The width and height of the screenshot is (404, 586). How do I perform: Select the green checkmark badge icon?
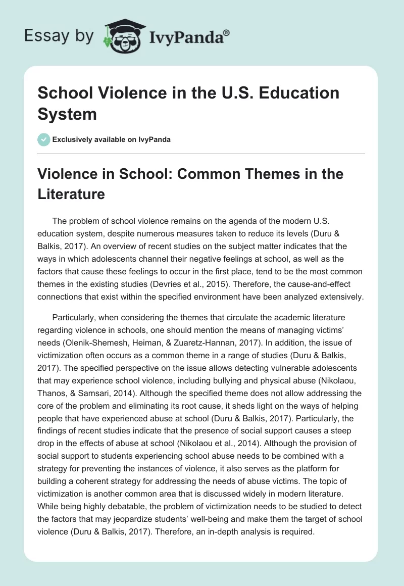click(44, 139)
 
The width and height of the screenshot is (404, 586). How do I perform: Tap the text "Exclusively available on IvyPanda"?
click(112, 140)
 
